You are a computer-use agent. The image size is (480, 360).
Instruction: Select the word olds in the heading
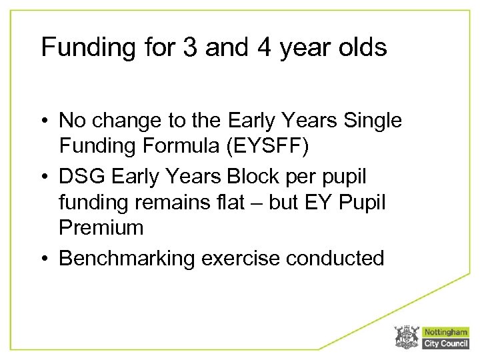(x=361, y=48)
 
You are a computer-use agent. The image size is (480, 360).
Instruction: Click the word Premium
(x=101, y=229)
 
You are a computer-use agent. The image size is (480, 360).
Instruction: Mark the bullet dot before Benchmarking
(x=47, y=257)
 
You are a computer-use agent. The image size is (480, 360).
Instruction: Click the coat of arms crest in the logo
(x=406, y=337)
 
